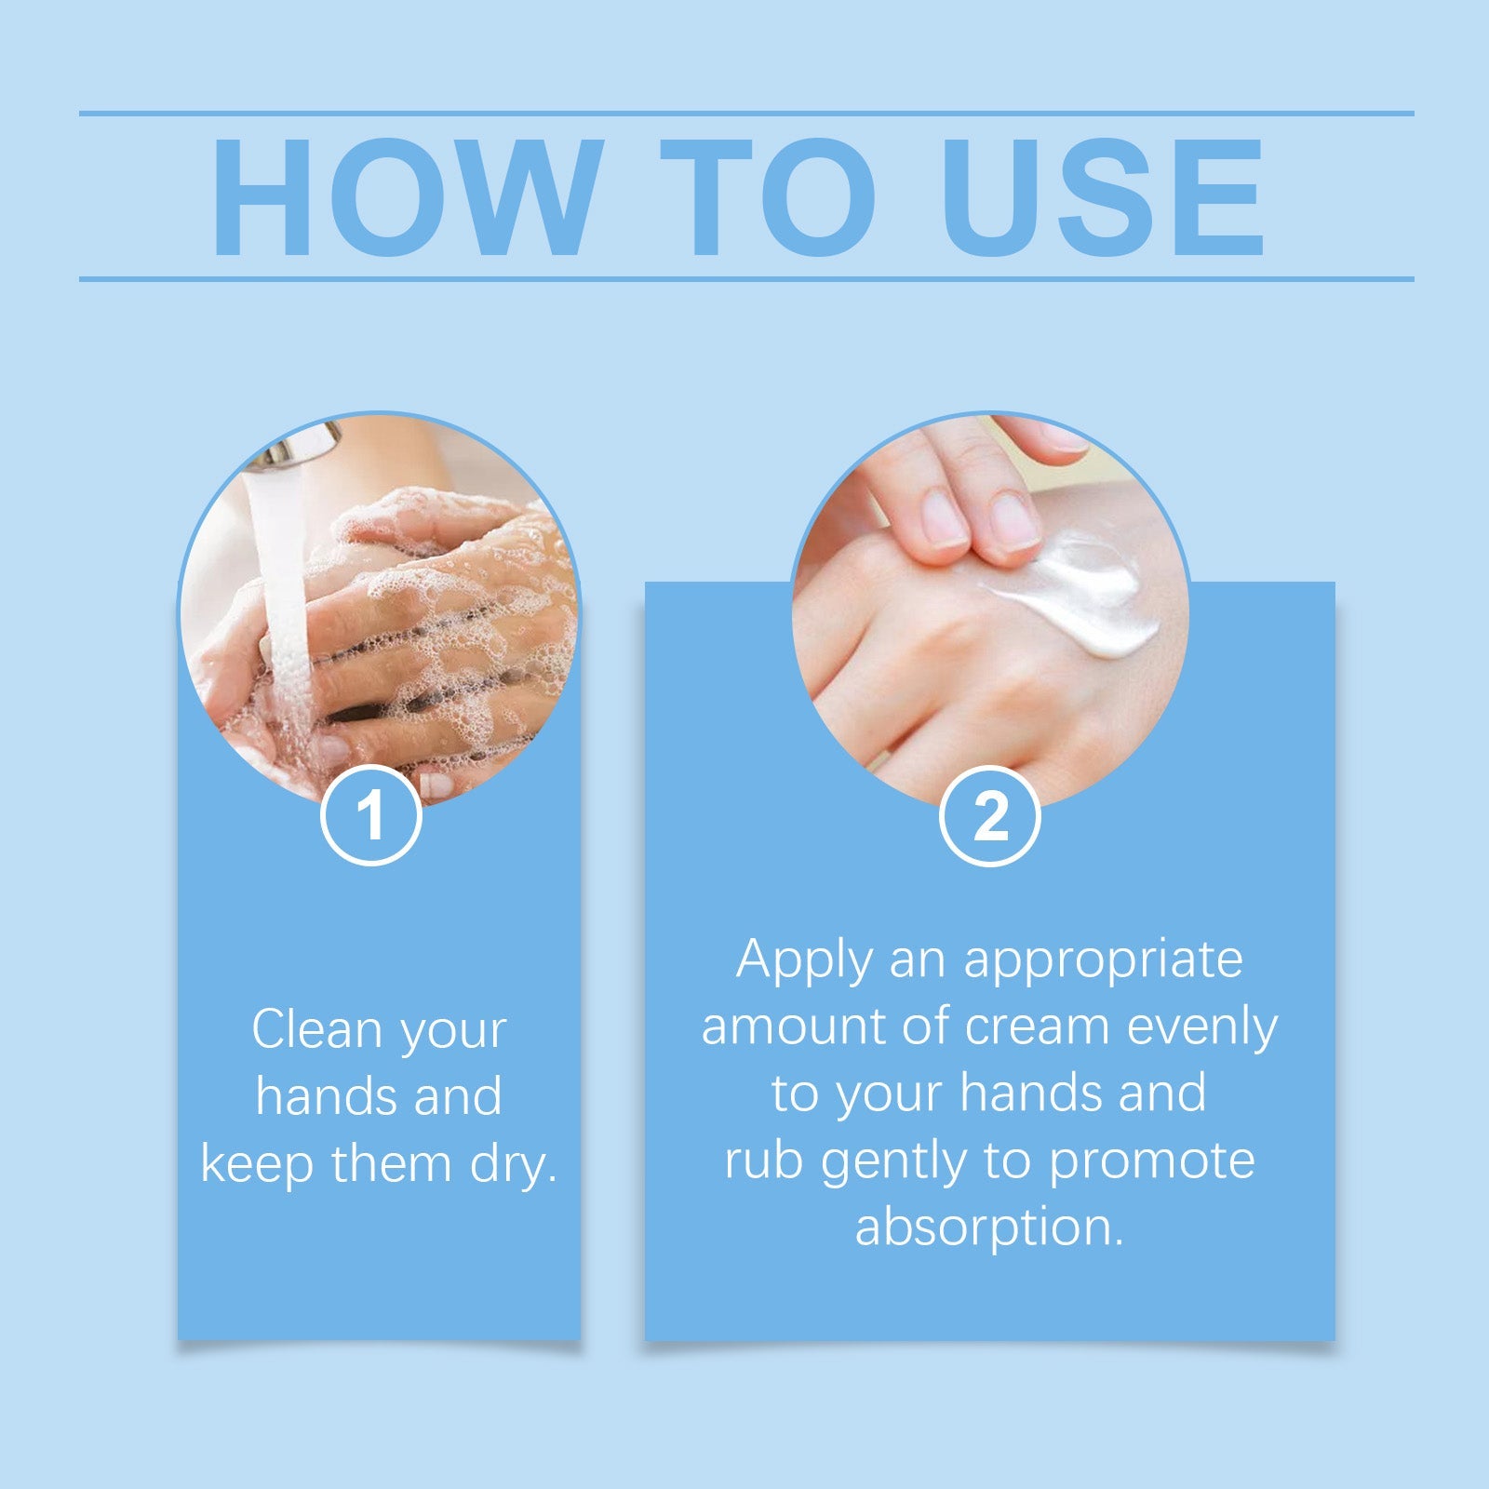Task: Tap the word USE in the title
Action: coord(1102,196)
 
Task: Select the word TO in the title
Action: coord(768,196)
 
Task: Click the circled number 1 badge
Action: coord(370,816)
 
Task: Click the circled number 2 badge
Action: coord(989,816)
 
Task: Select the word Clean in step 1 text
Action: coord(317,1030)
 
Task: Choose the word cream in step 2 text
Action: coord(1037,1026)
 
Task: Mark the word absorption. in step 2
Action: coord(989,1228)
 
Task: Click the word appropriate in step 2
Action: coord(1103,961)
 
